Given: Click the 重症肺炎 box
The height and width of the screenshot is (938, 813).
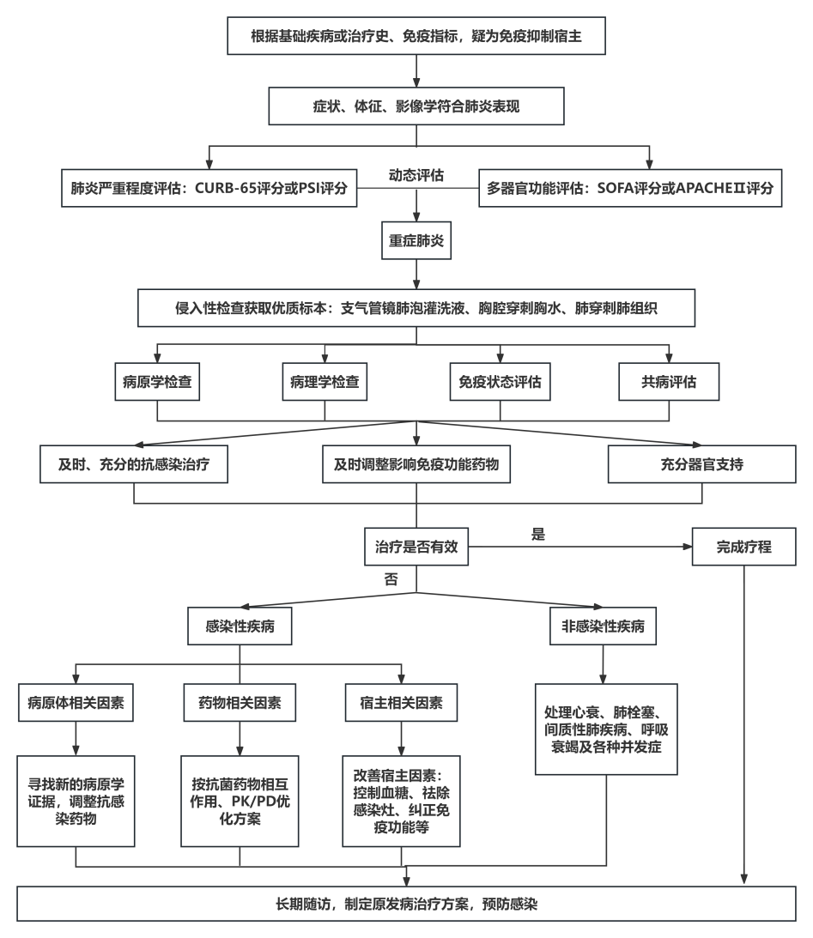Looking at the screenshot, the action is click(416, 240).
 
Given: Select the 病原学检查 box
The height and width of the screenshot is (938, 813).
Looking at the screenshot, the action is click(157, 382).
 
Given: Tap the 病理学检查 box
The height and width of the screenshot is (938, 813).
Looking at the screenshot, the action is click(325, 382).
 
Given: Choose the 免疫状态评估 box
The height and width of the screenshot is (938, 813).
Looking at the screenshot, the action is click(501, 382).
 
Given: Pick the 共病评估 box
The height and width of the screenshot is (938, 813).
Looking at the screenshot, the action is click(669, 382).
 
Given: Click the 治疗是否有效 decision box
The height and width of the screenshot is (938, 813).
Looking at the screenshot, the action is click(416, 547).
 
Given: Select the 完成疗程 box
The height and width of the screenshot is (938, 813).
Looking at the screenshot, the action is click(744, 547).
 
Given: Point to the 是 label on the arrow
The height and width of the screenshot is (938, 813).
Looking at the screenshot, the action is click(538, 534).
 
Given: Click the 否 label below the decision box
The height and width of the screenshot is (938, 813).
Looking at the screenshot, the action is click(391, 579).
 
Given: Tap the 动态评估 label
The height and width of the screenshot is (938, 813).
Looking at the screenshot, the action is click(416, 175).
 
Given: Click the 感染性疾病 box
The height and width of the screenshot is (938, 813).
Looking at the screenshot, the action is click(240, 626).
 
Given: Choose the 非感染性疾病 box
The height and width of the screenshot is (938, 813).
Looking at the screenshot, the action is click(603, 626).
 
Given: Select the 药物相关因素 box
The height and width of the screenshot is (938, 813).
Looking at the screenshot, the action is click(240, 703).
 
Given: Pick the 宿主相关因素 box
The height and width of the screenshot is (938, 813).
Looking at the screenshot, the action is click(402, 703).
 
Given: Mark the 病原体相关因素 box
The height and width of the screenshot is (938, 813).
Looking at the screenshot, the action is click(76, 703).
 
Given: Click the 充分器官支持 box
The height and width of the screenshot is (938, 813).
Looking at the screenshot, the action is click(702, 464).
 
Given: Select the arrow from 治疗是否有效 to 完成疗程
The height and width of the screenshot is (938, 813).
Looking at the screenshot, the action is click(580, 547).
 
